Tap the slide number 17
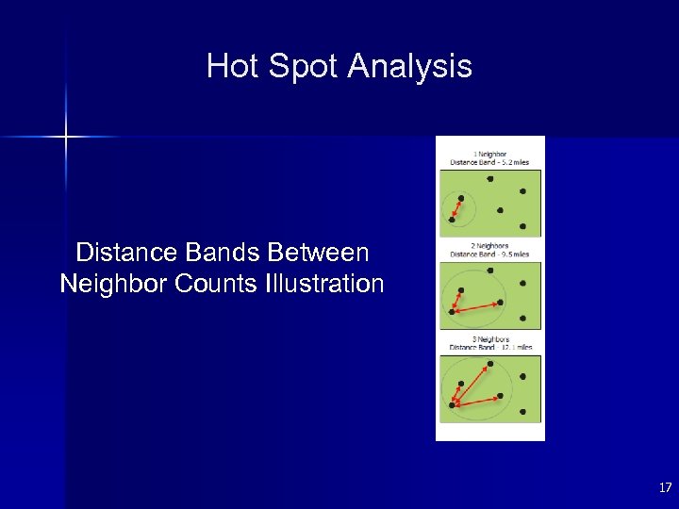coord(665,487)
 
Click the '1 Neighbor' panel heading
coord(490,154)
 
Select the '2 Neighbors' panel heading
coord(490,246)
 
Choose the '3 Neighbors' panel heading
coord(490,338)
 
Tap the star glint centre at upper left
coord(66,138)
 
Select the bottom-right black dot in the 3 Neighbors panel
coord(522,411)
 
